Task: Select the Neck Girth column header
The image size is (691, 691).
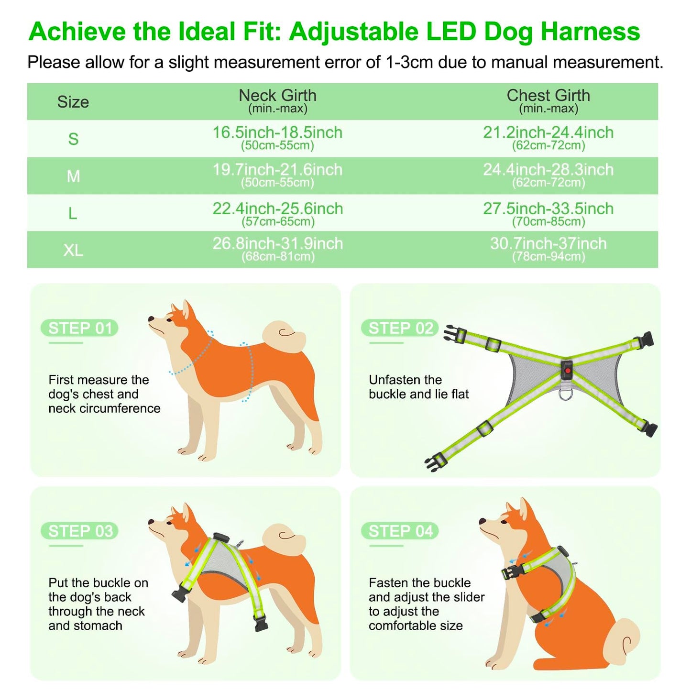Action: pos(277,100)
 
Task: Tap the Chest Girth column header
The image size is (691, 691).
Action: pos(548,100)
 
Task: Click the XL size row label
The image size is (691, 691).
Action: pos(73,250)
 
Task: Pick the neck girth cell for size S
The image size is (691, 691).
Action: pos(277,138)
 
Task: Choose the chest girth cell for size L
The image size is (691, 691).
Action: pos(548,213)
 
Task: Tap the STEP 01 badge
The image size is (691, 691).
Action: pos(80,329)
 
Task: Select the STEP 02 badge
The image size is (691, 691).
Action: pos(400,329)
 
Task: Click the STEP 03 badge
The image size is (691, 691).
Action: pos(80,531)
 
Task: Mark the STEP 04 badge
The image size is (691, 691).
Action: pos(400,531)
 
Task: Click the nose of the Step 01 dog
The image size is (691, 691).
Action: pos(151,319)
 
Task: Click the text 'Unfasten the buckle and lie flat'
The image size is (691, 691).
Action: pos(418,387)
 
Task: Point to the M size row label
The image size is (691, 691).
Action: pos(73,176)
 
